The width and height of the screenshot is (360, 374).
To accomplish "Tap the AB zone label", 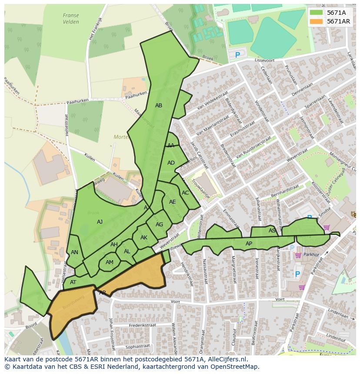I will pos(159,106).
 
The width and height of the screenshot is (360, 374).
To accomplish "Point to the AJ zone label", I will pos(100,222).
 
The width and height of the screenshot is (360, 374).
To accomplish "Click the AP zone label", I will pos(249,244).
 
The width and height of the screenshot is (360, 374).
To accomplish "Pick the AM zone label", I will pos(110,262).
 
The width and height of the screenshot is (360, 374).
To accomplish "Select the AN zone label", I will pos(74,252).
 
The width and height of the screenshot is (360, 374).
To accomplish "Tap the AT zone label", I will pos(73,282).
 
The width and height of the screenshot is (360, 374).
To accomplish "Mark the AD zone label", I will pos(171,163).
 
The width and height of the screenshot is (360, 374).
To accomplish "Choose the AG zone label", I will pos(159,225).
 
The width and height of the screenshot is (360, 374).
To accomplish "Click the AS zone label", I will pos(272,231).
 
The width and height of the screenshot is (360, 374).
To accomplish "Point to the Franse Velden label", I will pos(71,19).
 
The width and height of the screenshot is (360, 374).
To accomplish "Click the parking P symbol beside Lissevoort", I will pos(237,55).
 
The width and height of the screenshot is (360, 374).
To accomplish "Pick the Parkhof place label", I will pos(311,255).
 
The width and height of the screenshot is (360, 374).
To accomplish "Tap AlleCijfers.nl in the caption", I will pos(227,359).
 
